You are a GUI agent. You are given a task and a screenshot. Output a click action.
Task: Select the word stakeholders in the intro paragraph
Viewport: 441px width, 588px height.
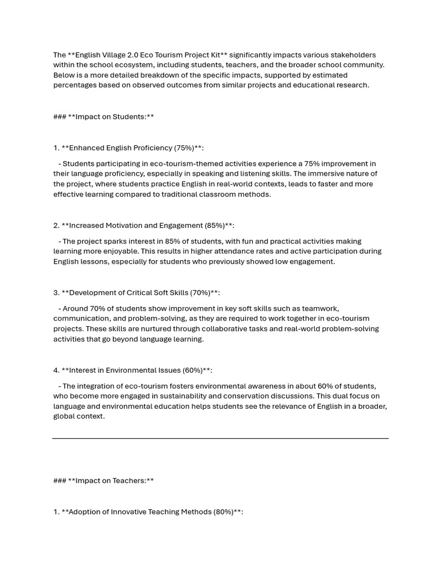pos(354,55)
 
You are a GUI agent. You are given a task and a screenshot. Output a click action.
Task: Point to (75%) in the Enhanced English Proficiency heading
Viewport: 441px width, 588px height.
pos(185,148)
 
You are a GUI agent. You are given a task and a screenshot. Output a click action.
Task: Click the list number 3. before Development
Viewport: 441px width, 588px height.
pos(56,293)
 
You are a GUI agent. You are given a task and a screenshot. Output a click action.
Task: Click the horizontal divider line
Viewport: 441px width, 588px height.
pos(220,439)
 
